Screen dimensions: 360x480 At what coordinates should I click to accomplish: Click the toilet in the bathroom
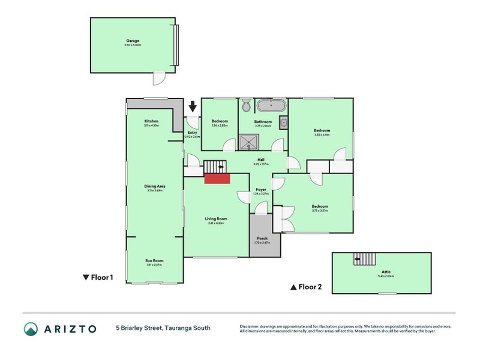246,106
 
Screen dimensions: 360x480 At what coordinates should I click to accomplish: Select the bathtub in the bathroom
271,106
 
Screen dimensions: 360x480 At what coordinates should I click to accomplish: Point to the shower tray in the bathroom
247,142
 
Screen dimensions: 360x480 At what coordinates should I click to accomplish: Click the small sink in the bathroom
284,125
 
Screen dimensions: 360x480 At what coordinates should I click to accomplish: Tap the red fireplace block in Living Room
217,178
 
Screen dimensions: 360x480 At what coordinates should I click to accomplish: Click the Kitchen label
151,123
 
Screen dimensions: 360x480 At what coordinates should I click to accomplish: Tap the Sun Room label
154,262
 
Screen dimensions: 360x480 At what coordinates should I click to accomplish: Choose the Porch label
263,239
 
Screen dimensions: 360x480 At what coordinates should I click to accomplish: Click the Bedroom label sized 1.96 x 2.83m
220,123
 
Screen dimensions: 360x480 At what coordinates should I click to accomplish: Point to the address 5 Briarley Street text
163,328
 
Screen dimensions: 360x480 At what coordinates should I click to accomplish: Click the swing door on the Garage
158,79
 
